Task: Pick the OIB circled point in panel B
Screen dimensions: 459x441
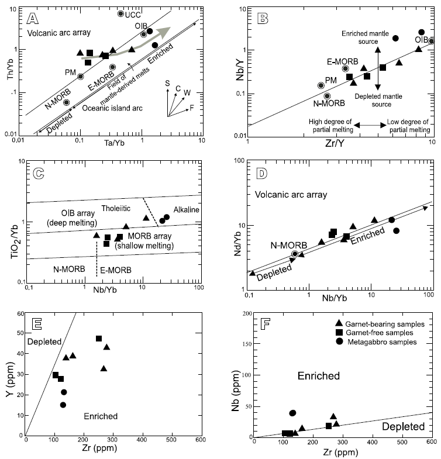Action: point(432,41)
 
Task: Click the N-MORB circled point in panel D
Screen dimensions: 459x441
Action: point(295,254)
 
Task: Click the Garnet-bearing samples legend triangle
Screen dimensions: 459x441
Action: point(338,323)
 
